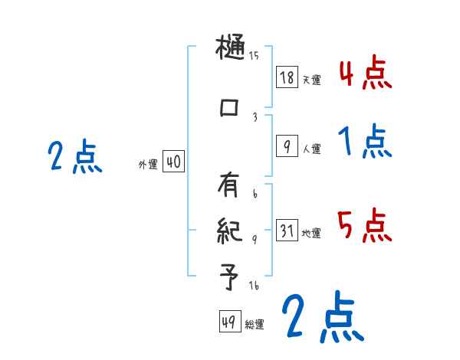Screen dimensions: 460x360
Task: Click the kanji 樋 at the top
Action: click(231, 51)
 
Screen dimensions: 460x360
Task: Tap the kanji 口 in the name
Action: click(229, 108)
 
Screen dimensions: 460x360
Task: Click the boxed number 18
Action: click(287, 77)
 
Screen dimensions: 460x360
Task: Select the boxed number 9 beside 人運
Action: click(287, 147)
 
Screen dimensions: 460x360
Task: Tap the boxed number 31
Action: click(287, 231)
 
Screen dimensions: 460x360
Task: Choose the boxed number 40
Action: click(173, 162)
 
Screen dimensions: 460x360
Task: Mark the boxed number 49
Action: click(228, 322)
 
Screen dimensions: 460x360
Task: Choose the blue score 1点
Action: click(365, 142)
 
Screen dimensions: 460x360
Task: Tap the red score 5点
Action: click(365, 226)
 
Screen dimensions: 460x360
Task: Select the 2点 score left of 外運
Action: click(74, 157)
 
